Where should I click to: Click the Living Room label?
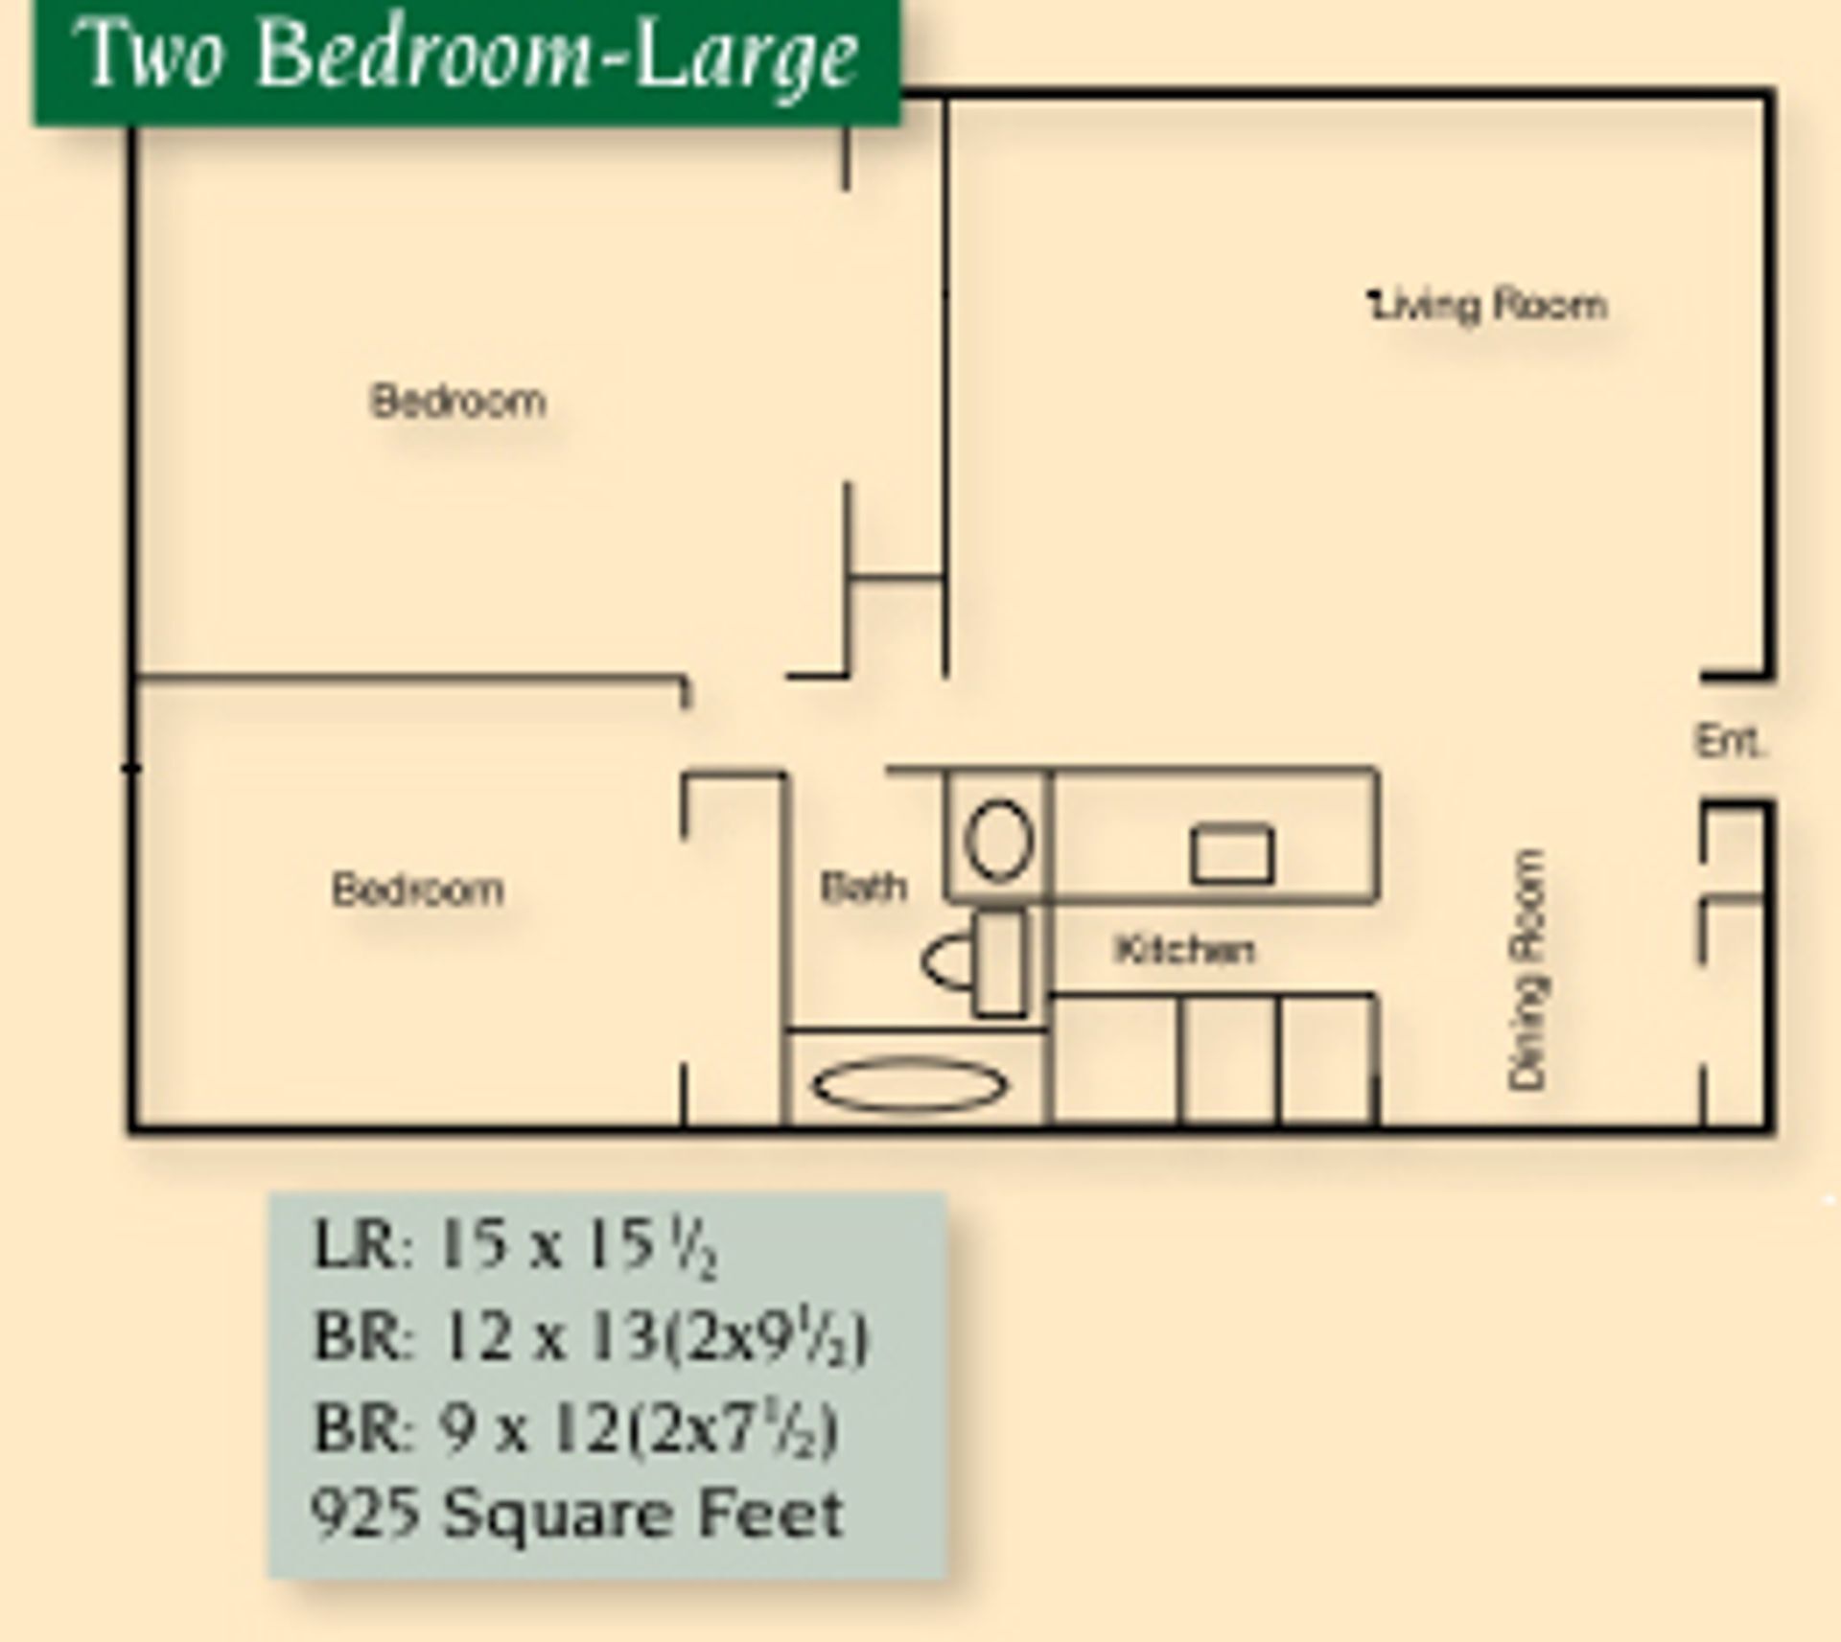tap(1489, 306)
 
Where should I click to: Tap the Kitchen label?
tap(1184, 949)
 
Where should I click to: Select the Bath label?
tap(863, 887)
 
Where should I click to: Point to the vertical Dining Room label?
tap(1526, 969)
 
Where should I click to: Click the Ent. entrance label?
tap(1731, 741)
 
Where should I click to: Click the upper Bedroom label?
tap(458, 401)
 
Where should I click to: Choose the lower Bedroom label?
tap(417, 890)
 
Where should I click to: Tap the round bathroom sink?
tap(998, 840)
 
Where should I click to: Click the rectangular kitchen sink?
tap(1232, 854)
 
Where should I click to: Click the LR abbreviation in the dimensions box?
tap(352, 1246)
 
